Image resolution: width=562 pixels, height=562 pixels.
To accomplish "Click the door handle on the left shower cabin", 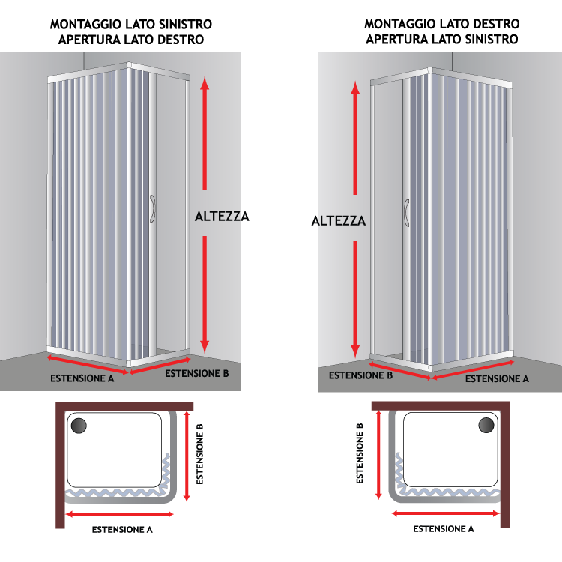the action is pyautogui.click(x=153, y=208).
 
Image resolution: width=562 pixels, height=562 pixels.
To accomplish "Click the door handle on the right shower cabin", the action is pyautogui.click(x=406, y=213).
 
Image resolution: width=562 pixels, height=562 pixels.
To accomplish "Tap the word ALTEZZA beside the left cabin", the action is pyautogui.click(x=222, y=217).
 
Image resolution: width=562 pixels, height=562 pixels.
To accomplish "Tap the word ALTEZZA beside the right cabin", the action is pyautogui.click(x=339, y=221).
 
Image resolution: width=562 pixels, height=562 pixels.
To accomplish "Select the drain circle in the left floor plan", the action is pyautogui.click(x=79, y=426).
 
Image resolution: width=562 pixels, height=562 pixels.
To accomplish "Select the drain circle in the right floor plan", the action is pyautogui.click(x=486, y=425).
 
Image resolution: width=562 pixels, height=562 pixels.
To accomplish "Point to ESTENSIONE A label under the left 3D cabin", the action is pyautogui.click(x=82, y=378).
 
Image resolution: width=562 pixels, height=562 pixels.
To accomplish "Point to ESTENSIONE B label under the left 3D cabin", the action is pyautogui.click(x=197, y=373).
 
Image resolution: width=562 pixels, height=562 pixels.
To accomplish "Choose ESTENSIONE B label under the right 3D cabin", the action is pyautogui.click(x=361, y=375).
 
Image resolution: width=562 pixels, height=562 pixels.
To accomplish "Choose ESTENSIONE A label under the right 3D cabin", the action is pyautogui.click(x=497, y=379).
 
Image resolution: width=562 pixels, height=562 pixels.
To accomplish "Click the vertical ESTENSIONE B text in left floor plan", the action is pyautogui.click(x=199, y=454).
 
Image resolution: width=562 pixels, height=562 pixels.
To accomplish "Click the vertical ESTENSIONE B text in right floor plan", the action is pyautogui.click(x=360, y=453).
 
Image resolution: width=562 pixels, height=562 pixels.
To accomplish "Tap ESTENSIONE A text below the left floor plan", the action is pyautogui.click(x=122, y=530).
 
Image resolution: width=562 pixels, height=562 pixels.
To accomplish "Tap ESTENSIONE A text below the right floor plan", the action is pyautogui.click(x=444, y=529).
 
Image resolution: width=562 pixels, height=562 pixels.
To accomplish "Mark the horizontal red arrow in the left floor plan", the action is pyautogui.click(x=120, y=514).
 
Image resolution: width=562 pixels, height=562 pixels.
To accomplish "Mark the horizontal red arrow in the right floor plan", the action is pyautogui.click(x=446, y=513).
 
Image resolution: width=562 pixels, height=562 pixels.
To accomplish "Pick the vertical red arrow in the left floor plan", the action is pyautogui.click(x=187, y=456).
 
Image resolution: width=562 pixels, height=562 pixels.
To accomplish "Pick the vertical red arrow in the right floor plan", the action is pyautogui.click(x=378, y=455).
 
